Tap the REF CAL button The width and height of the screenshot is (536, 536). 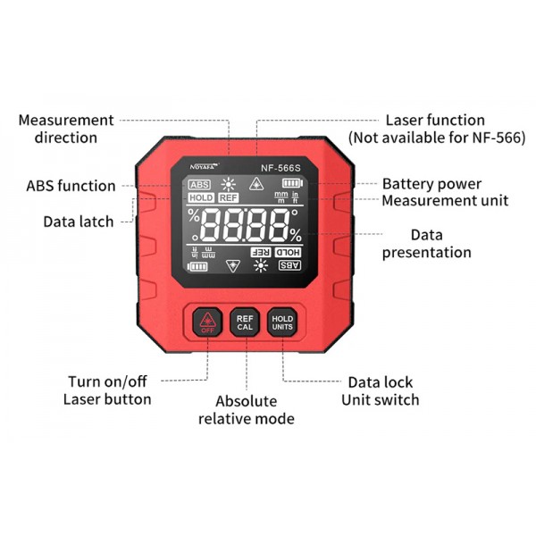click(245, 322)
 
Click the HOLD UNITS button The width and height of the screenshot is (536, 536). click(282, 322)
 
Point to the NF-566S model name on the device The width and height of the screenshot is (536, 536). click(281, 168)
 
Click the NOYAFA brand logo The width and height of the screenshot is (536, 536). click(205, 166)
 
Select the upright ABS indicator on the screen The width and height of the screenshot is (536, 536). click(199, 185)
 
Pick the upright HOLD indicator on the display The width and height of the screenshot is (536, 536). click(201, 198)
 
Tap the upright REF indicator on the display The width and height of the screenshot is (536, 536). click(229, 198)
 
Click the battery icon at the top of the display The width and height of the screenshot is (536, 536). click(293, 183)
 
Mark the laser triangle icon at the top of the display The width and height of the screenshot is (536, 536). click(256, 184)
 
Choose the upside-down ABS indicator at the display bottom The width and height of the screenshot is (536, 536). click(289, 265)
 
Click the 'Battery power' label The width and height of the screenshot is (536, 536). click(431, 184)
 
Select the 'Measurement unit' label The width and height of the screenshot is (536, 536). click(445, 201)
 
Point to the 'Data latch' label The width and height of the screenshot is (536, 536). click(79, 222)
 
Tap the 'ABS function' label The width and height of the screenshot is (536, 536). click(71, 186)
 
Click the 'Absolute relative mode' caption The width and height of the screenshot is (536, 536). click(247, 410)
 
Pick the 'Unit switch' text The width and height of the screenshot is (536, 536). click(381, 400)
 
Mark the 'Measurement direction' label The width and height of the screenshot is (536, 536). click(66, 129)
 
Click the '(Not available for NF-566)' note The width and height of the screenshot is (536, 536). click(437, 138)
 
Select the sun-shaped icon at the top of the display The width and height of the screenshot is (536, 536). click(229, 185)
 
